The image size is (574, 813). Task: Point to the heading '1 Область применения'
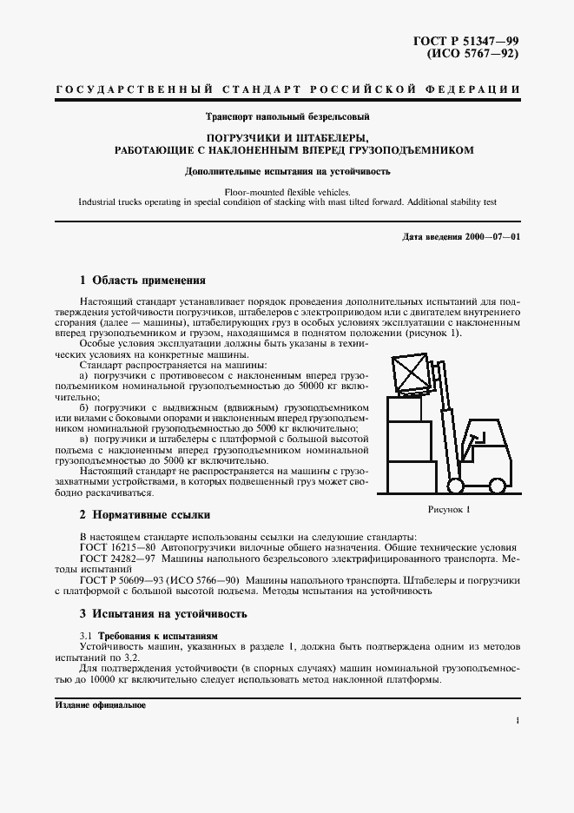pyautogui.click(x=142, y=281)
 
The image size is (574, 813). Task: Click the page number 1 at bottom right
pyautogui.click(x=517, y=720)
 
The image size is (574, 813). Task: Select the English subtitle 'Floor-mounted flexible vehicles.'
pyautogui.click(x=287, y=190)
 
